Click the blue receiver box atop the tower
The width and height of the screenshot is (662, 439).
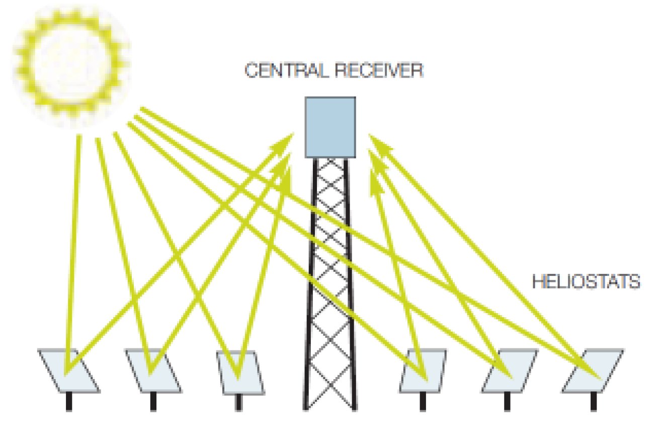pos(330,126)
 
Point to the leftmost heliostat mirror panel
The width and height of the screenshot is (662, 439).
pos(68,371)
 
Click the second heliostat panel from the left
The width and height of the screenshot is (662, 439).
pos(152,371)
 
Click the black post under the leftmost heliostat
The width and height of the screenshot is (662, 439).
pos(69,402)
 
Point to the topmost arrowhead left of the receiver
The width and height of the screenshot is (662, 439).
pos(286,140)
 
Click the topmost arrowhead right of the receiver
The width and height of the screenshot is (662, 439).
pos(377,143)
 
